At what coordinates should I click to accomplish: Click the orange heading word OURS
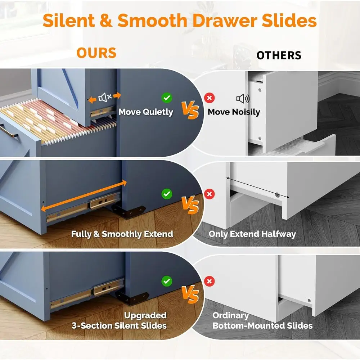[x=96, y=53]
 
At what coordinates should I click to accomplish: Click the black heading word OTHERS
[x=279, y=55]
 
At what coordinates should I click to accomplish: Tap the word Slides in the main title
[x=289, y=21]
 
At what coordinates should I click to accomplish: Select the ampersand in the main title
[x=106, y=21]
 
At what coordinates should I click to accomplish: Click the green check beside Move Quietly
[x=167, y=98]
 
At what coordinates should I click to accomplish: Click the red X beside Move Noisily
[x=210, y=98]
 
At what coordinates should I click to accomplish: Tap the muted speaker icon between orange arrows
[x=105, y=98]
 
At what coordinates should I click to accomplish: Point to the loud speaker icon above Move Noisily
[x=243, y=99]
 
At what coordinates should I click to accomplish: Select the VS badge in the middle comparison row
[x=190, y=205]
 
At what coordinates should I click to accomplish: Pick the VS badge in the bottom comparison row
[x=190, y=294]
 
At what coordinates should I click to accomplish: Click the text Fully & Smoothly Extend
[x=122, y=234]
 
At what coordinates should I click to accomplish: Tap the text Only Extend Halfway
[x=252, y=234]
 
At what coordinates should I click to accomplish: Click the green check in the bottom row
[x=167, y=281]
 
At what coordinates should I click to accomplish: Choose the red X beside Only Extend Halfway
[x=210, y=194]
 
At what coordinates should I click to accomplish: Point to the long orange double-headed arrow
[x=84, y=196]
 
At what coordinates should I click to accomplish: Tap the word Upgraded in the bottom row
[x=145, y=315]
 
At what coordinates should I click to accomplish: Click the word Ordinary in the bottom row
[x=230, y=315]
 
